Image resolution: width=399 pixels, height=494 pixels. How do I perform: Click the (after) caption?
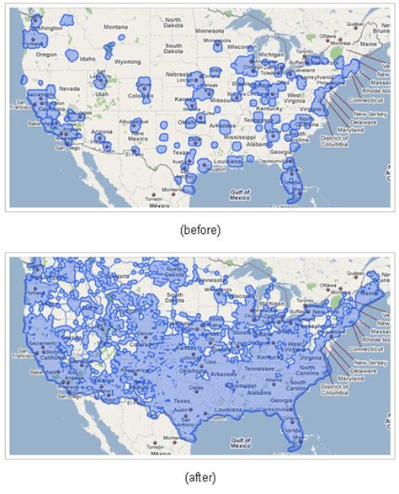click(x=199, y=477)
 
